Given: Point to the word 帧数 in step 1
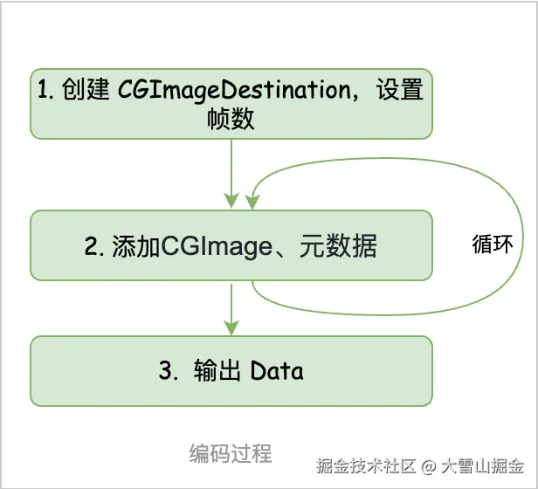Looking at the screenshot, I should tap(231, 118).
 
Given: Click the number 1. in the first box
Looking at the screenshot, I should tap(47, 91).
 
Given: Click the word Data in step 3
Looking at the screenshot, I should tap(277, 371).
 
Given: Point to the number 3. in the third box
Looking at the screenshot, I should tap(168, 371).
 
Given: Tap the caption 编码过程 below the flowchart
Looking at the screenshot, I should tap(231, 453).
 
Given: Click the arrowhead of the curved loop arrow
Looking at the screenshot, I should tap(252, 202).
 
